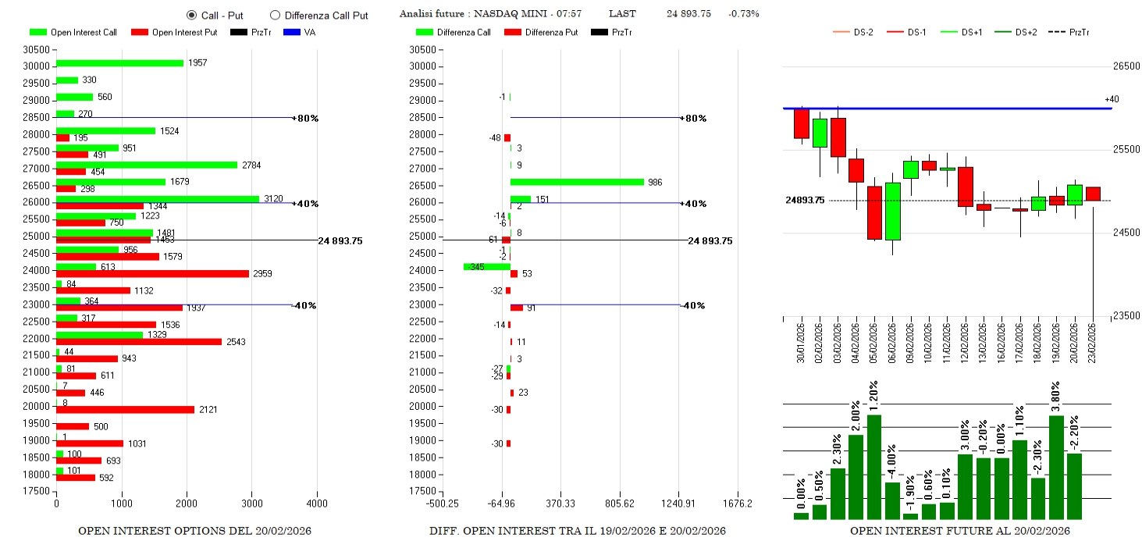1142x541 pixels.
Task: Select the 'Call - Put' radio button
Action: (x=191, y=15)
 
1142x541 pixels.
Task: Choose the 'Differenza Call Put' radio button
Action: (x=275, y=15)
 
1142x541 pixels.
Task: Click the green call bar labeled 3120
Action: (x=157, y=199)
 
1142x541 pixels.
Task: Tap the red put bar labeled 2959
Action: (x=152, y=274)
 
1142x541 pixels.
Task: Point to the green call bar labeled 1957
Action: (x=119, y=63)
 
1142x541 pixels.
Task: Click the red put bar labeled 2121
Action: (x=125, y=410)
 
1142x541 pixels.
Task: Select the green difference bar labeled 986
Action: (x=577, y=182)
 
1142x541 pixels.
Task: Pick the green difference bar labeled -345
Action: (x=486, y=267)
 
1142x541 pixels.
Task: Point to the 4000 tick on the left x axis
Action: (x=316, y=504)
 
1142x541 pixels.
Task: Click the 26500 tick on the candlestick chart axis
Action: (x=1126, y=66)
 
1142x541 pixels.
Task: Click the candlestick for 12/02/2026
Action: (x=966, y=187)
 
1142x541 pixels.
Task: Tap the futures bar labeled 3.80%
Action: (x=1056, y=467)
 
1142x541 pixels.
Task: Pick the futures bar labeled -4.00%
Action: (x=892, y=500)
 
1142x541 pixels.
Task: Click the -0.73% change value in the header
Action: (x=743, y=14)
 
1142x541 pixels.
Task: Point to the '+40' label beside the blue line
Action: (x=1112, y=99)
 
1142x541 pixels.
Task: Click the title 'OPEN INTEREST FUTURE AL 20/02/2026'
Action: (x=959, y=532)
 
